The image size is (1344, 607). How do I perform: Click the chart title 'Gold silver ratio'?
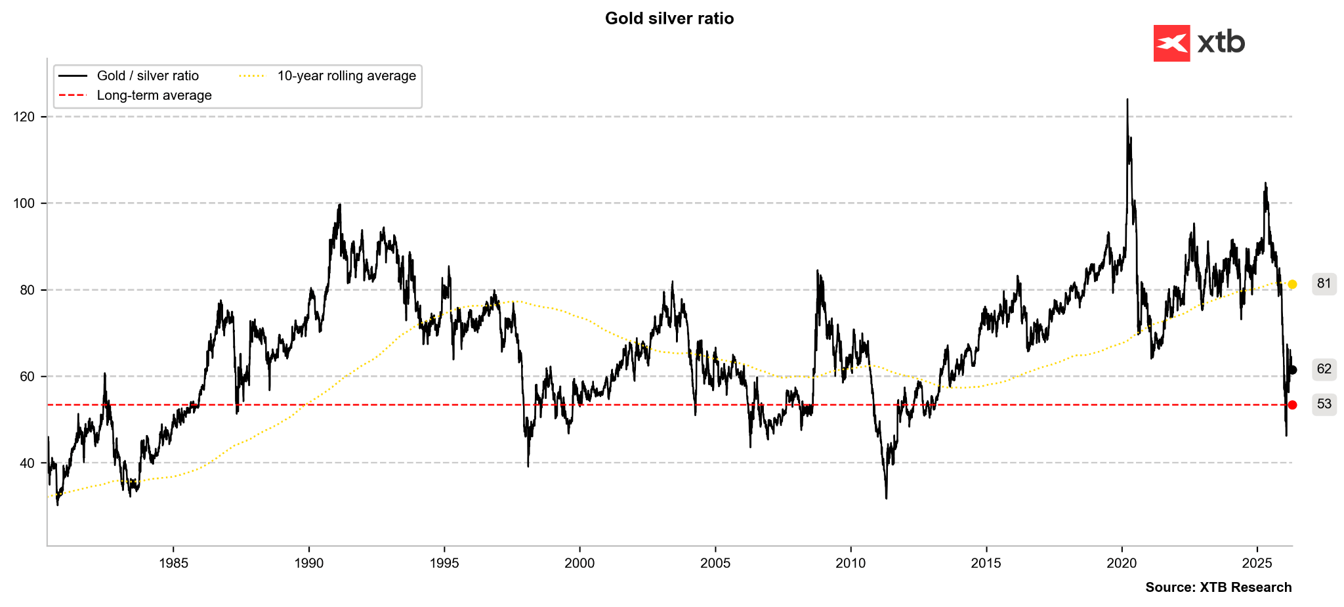pyautogui.click(x=669, y=18)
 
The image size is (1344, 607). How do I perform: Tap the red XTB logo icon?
pyautogui.click(x=1171, y=43)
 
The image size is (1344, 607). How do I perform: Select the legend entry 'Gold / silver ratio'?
pyautogui.click(x=148, y=76)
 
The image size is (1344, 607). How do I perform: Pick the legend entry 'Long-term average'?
pyautogui.click(x=154, y=96)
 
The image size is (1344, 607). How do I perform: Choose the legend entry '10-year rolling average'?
pyautogui.click(x=346, y=76)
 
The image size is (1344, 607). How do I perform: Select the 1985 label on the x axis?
pyautogui.click(x=173, y=563)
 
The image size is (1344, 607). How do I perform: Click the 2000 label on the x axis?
pyautogui.click(x=579, y=563)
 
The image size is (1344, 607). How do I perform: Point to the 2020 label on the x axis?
pyautogui.click(x=1122, y=563)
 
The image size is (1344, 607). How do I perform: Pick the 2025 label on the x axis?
pyautogui.click(x=1257, y=563)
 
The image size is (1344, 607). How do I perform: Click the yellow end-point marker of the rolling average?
pyautogui.click(x=1292, y=284)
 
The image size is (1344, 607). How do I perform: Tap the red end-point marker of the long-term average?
pyautogui.click(x=1292, y=405)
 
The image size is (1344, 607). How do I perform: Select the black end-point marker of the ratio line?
pyautogui.click(x=1292, y=370)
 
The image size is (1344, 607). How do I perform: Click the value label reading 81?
pyautogui.click(x=1324, y=283)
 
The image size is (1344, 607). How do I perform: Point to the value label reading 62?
pyautogui.click(x=1324, y=369)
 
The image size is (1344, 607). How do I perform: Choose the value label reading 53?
pyautogui.click(x=1324, y=404)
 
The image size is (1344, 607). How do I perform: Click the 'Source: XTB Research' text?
pyautogui.click(x=1218, y=587)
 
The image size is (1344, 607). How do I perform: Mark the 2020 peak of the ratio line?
pyautogui.click(x=1127, y=100)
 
